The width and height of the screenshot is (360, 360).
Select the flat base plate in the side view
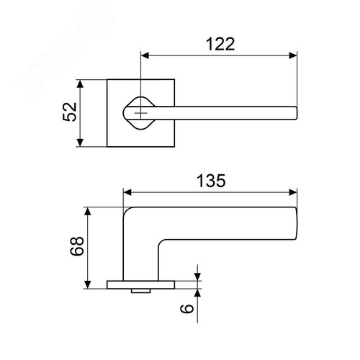(x=140, y=284)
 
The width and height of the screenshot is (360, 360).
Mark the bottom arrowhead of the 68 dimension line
(x=89, y=284)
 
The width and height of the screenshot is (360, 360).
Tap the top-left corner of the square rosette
(x=109, y=81)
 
